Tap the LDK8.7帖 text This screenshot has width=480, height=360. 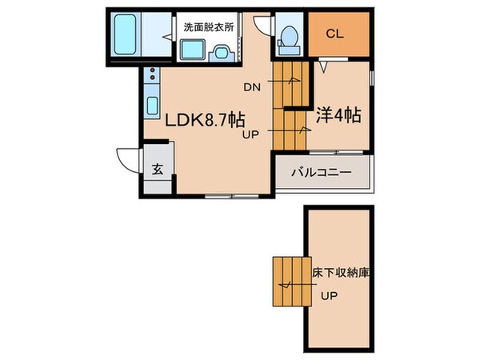205,120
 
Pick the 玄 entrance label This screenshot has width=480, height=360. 158,169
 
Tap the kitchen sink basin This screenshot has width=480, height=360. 150,106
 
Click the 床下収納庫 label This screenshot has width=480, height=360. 339,273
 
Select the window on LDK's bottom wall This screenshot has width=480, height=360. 225,195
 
